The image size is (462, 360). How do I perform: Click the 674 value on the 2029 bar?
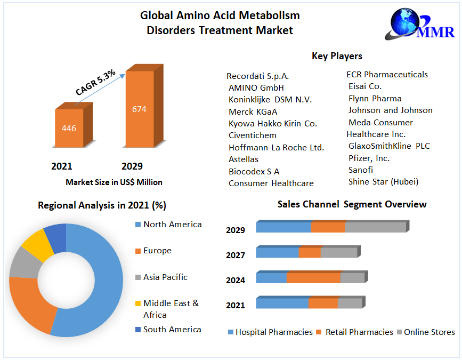(139, 109)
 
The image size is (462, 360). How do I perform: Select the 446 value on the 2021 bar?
(69, 129)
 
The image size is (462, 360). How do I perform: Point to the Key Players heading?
(337, 56)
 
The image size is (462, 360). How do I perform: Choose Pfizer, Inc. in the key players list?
(369, 158)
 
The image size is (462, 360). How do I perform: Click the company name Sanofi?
(360, 170)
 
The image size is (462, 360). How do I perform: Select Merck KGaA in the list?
(253, 111)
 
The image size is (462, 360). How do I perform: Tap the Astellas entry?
(244, 159)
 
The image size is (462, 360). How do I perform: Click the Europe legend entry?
(157, 251)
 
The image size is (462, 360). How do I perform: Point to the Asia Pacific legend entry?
(165, 277)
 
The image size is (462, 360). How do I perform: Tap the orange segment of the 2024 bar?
(313, 278)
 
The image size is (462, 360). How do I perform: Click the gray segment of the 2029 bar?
(376, 227)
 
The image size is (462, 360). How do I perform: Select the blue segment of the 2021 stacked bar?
(282, 303)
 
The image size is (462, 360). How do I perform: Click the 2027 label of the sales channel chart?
(236, 255)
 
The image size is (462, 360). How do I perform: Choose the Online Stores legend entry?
(429, 332)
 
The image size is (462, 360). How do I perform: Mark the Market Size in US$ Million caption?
(114, 182)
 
